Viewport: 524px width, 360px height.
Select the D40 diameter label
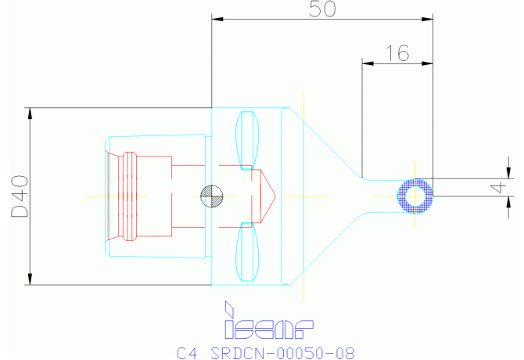pos(19,196)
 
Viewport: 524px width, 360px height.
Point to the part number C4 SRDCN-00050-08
pos(260,353)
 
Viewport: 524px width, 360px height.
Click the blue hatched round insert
pos(415,196)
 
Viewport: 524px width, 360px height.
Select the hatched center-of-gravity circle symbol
pos(211,196)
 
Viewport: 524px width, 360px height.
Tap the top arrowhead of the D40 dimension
pos(31,113)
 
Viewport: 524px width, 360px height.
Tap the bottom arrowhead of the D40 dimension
pos(31,279)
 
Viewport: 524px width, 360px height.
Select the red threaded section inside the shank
pos(127,196)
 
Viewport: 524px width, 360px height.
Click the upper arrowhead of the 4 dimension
pos(509,173)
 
